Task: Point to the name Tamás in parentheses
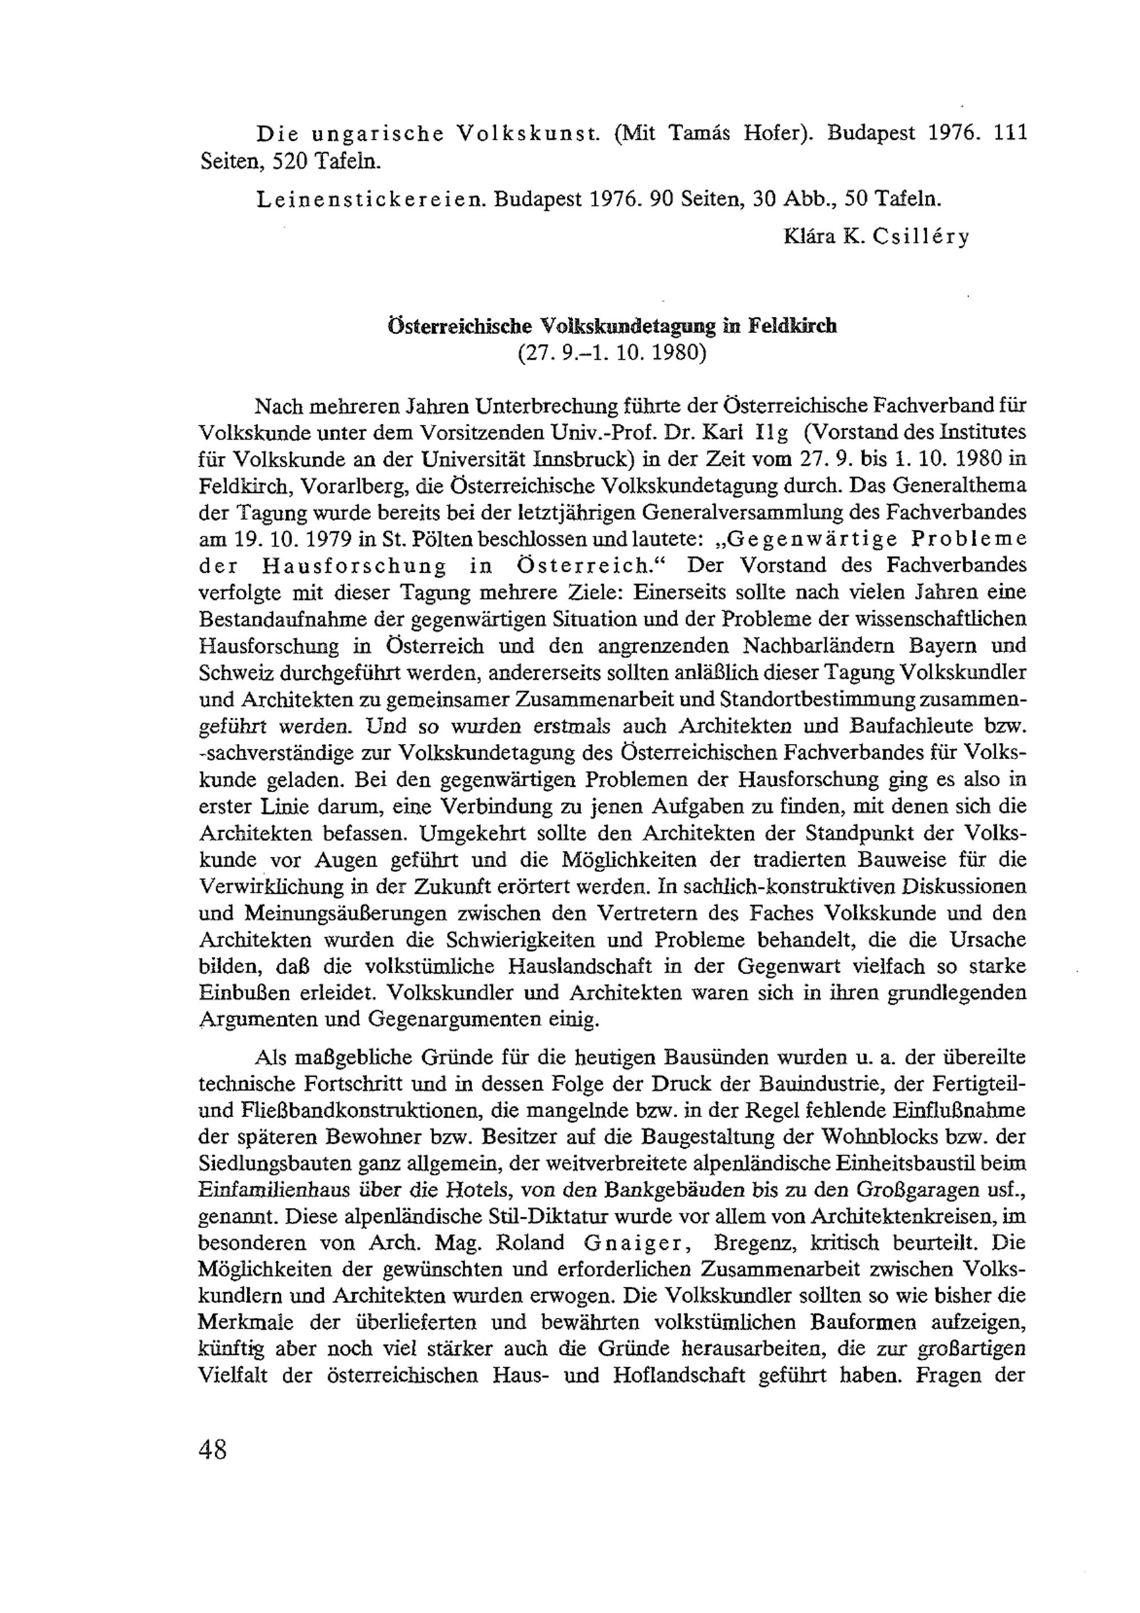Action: point(694,133)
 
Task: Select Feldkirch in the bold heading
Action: point(792,326)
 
